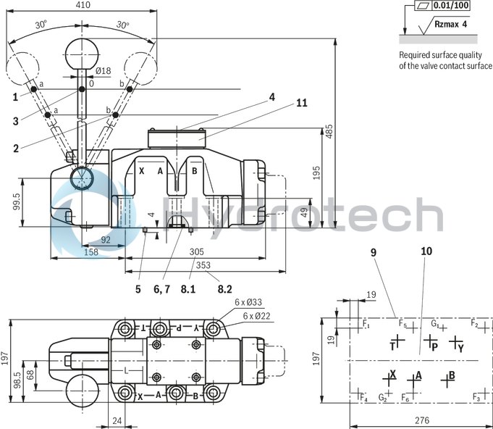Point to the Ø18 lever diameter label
(103, 71)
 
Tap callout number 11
(301, 103)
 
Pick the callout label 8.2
(225, 288)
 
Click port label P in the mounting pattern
(435, 346)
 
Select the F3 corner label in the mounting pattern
(476, 397)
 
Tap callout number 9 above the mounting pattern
(374, 253)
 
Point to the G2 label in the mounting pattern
(383, 398)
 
